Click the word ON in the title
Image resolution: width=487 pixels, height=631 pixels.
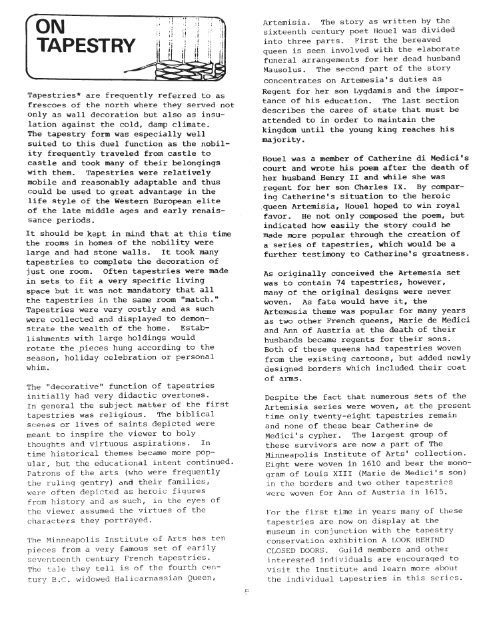(x=51, y=28)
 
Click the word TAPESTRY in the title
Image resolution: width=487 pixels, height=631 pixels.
(x=86, y=46)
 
